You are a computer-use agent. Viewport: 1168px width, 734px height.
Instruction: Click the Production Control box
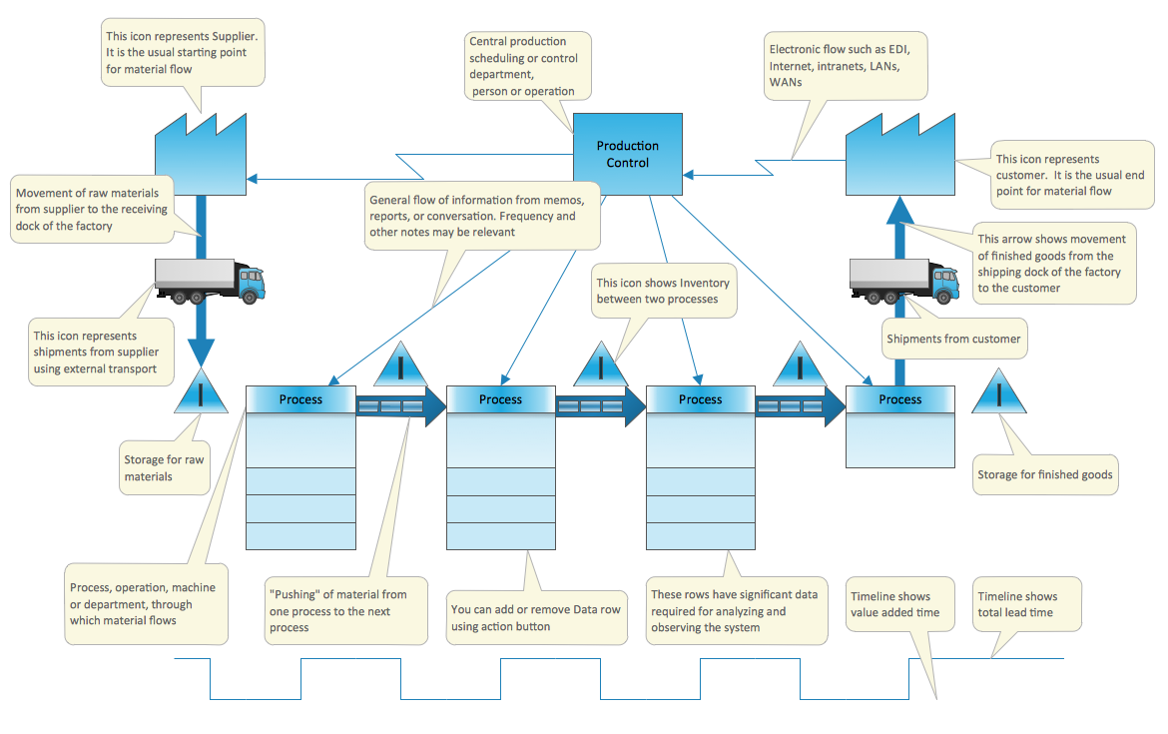[628, 154]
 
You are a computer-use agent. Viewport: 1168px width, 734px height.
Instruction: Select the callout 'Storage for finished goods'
[1044, 474]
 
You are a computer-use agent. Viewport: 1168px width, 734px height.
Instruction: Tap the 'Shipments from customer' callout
[953, 339]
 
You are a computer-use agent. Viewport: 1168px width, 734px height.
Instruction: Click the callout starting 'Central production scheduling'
[528, 66]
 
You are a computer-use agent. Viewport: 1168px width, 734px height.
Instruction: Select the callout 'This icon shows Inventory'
[664, 291]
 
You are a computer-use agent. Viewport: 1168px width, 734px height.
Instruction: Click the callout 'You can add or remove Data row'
[537, 617]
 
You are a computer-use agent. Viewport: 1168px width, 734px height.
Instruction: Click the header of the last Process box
[900, 399]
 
